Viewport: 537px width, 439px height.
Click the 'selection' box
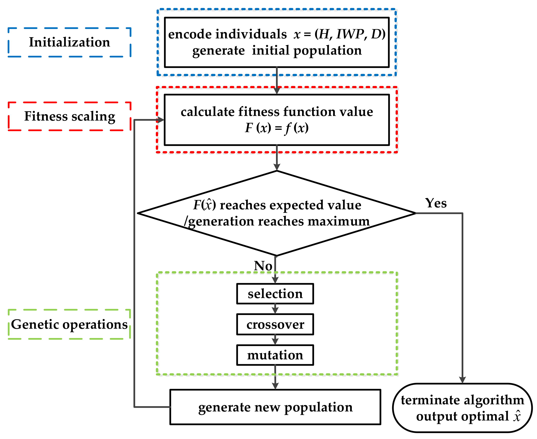tap(275, 294)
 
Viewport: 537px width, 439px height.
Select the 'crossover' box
tap(275, 324)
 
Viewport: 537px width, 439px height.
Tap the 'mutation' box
tap(275, 355)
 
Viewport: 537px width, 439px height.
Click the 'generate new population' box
tap(275, 407)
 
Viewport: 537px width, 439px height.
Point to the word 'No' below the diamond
tap(263, 266)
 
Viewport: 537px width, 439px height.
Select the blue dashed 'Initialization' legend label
tap(69, 42)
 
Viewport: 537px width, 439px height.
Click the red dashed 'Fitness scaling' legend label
tap(69, 116)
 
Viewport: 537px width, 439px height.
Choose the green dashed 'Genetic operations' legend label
tap(69, 324)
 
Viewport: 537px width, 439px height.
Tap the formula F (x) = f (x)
tap(277, 128)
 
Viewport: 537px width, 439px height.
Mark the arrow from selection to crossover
tap(275, 309)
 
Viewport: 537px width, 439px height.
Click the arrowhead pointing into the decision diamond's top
tap(277, 167)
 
